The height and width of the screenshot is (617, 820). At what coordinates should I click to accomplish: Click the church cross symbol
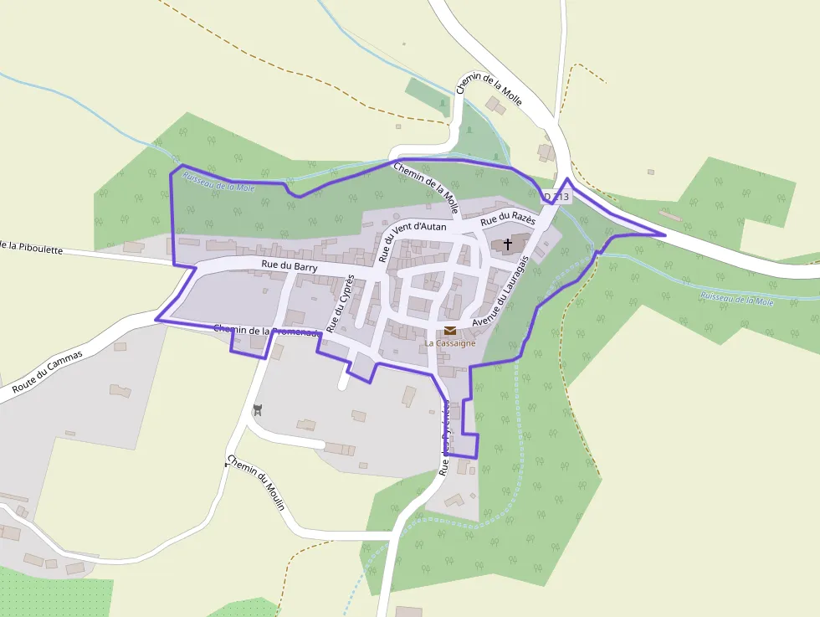pos(507,244)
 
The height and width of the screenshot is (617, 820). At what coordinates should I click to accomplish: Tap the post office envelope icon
pos(450,331)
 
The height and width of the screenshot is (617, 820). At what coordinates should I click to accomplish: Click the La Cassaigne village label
pos(450,343)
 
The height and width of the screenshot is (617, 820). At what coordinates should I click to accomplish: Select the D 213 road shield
pos(556,198)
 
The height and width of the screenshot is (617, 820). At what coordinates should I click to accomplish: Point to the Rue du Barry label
pos(290,265)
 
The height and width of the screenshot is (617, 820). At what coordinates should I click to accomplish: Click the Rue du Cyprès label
pos(341,303)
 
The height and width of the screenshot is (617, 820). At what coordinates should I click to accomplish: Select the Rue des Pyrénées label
pos(445,437)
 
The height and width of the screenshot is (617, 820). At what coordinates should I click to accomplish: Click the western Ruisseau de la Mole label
pos(218,183)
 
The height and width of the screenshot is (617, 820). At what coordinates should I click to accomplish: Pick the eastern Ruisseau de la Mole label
pos(737,300)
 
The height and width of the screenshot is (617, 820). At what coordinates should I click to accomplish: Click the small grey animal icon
pos(258,410)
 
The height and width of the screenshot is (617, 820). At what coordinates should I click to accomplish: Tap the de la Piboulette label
pos(32,248)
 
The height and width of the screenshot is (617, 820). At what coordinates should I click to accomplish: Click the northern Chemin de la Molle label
pos(489,86)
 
